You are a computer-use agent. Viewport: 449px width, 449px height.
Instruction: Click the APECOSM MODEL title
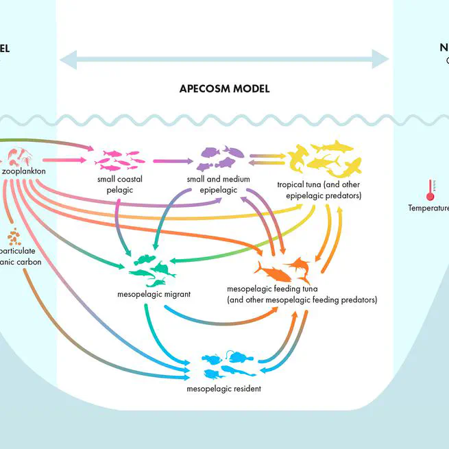(224, 88)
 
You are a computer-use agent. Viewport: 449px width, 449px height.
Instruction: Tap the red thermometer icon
(430, 190)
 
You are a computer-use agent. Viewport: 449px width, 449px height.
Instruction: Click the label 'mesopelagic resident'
(223, 389)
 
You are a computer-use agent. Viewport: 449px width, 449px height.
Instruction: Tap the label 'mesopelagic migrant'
(154, 295)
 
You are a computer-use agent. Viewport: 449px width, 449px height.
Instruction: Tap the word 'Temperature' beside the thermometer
(428, 208)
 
